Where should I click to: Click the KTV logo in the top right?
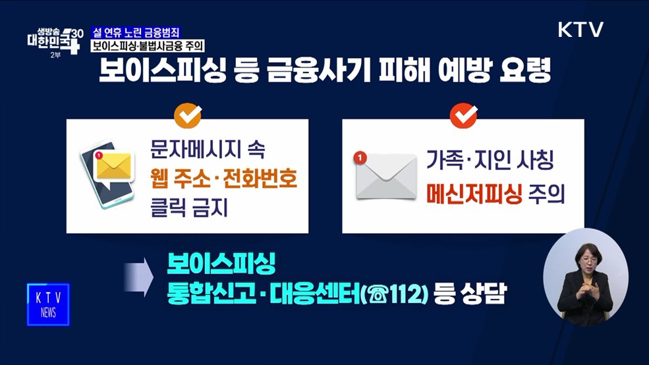pyautogui.click(x=580, y=30)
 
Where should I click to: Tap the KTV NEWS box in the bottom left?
pyautogui.click(x=48, y=304)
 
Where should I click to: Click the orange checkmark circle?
pyautogui.click(x=188, y=116)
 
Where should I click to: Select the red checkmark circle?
pyautogui.click(x=463, y=116)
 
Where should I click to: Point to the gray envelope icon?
pyautogui.click(x=386, y=176)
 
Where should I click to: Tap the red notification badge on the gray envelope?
pyautogui.click(x=359, y=157)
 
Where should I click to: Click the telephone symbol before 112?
pyautogui.click(x=385, y=294)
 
